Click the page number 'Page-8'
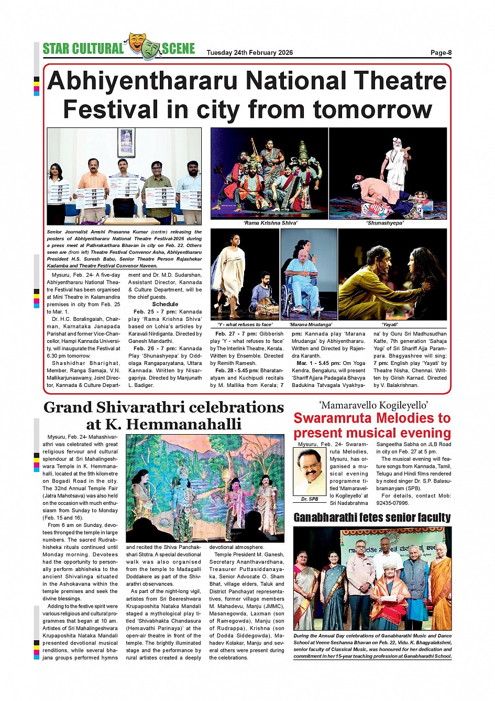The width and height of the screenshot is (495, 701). [x=441, y=52]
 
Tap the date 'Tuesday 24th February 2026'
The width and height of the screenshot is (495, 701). [x=249, y=52]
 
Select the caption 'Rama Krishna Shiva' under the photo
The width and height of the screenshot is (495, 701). [x=270, y=223]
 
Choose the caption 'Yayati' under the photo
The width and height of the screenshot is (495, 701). [x=390, y=325]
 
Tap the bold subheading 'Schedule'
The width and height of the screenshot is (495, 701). [x=165, y=304]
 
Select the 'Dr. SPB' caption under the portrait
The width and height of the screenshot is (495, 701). [x=310, y=499]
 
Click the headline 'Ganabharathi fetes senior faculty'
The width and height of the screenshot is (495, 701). [x=372, y=518]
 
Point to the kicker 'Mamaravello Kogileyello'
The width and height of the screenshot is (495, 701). [x=373, y=405]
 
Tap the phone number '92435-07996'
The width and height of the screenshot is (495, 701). [x=392, y=503]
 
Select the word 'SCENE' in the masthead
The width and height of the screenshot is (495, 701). [x=178, y=49]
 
